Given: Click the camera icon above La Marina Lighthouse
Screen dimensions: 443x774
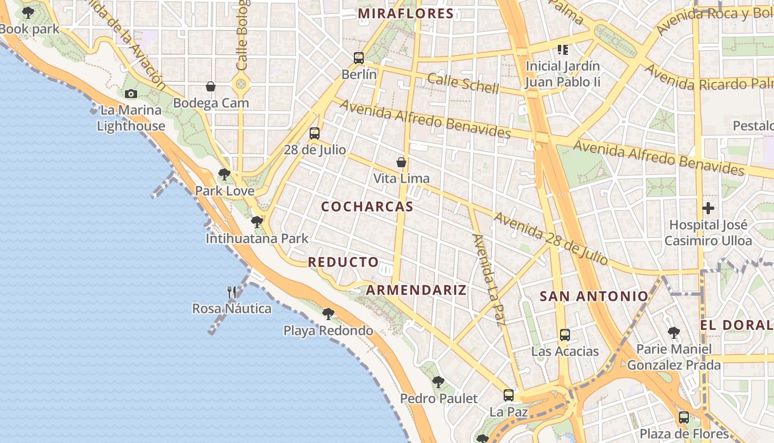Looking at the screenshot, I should pos(130,94).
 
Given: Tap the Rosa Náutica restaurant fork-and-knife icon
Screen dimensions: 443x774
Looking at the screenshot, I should pos(232,292).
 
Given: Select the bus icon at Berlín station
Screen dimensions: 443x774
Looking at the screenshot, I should pos(359,58).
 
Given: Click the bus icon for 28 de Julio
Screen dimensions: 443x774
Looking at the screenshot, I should pos(315,133).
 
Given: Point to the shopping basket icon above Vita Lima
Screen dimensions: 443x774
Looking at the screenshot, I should pos(401,162).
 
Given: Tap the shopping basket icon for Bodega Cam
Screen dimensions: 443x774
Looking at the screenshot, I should pos(211,86).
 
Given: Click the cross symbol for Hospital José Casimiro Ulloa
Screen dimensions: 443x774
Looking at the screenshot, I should pos(708,209).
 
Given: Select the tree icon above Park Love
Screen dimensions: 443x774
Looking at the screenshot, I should pos(224,174).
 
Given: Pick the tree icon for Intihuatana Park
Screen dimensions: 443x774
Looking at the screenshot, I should pos(257,222).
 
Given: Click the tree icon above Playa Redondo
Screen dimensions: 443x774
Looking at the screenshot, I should pos(328,314).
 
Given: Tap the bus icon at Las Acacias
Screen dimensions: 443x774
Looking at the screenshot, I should pos(564,334).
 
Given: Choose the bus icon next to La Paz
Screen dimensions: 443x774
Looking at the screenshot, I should pos(509,395).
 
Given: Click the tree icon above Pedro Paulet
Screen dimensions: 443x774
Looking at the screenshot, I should pos(438,382).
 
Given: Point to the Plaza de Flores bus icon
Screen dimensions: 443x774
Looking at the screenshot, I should pos(684,418).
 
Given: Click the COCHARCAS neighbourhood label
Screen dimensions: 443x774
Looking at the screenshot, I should pos(367,207).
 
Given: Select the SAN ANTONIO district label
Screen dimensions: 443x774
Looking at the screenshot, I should pos(593,296).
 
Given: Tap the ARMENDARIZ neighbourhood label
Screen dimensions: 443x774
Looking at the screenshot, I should pos(416,290).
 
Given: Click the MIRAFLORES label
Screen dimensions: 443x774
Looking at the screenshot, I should pos(406,14).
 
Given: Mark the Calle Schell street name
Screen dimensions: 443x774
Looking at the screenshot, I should pos(463,83).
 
